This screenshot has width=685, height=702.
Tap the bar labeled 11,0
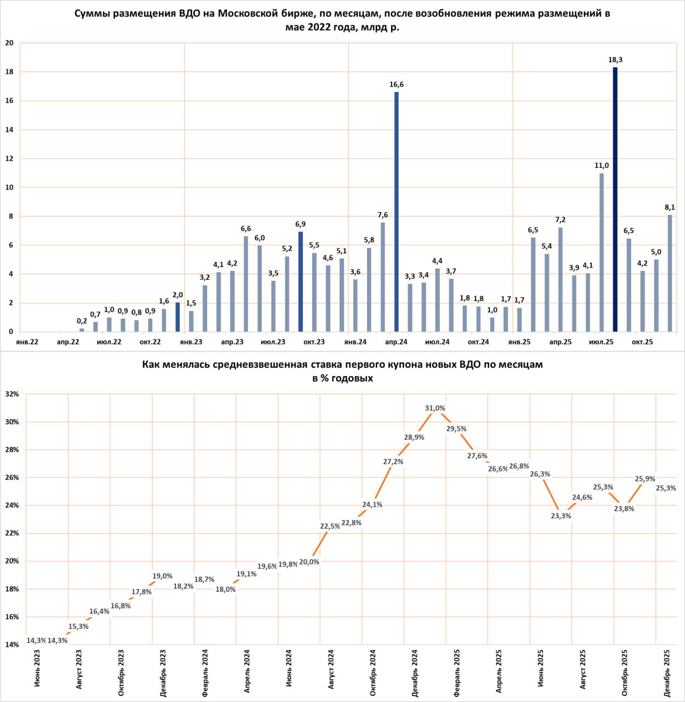pyautogui.click(x=602, y=252)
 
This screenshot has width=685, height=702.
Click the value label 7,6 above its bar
pyautogui.click(x=383, y=215)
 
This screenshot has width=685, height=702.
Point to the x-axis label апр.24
pyautogui.click(x=396, y=342)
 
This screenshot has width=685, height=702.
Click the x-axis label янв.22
pyautogui.click(x=27, y=342)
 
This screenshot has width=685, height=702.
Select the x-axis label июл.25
pyautogui.click(x=601, y=342)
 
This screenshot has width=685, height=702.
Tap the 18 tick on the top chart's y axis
pyautogui.click(x=9, y=72)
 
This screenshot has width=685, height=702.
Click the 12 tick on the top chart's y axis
pyautogui.click(x=9, y=158)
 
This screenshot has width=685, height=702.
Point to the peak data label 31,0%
pyautogui.click(x=435, y=408)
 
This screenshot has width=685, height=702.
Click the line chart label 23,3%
pyautogui.click(x=561, y=516)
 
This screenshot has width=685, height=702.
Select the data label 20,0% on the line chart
pyautogui.click(x=309, y=562)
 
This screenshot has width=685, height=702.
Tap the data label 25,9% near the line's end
pyautogui.click(x=644, y=479)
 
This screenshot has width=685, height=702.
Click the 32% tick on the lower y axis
pyautogui.click(x=12, y=394)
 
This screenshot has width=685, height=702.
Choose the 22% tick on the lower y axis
pyautogui.click(x=12, y=533)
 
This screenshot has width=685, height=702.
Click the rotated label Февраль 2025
pyautogui.click(x=457, y=673)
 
